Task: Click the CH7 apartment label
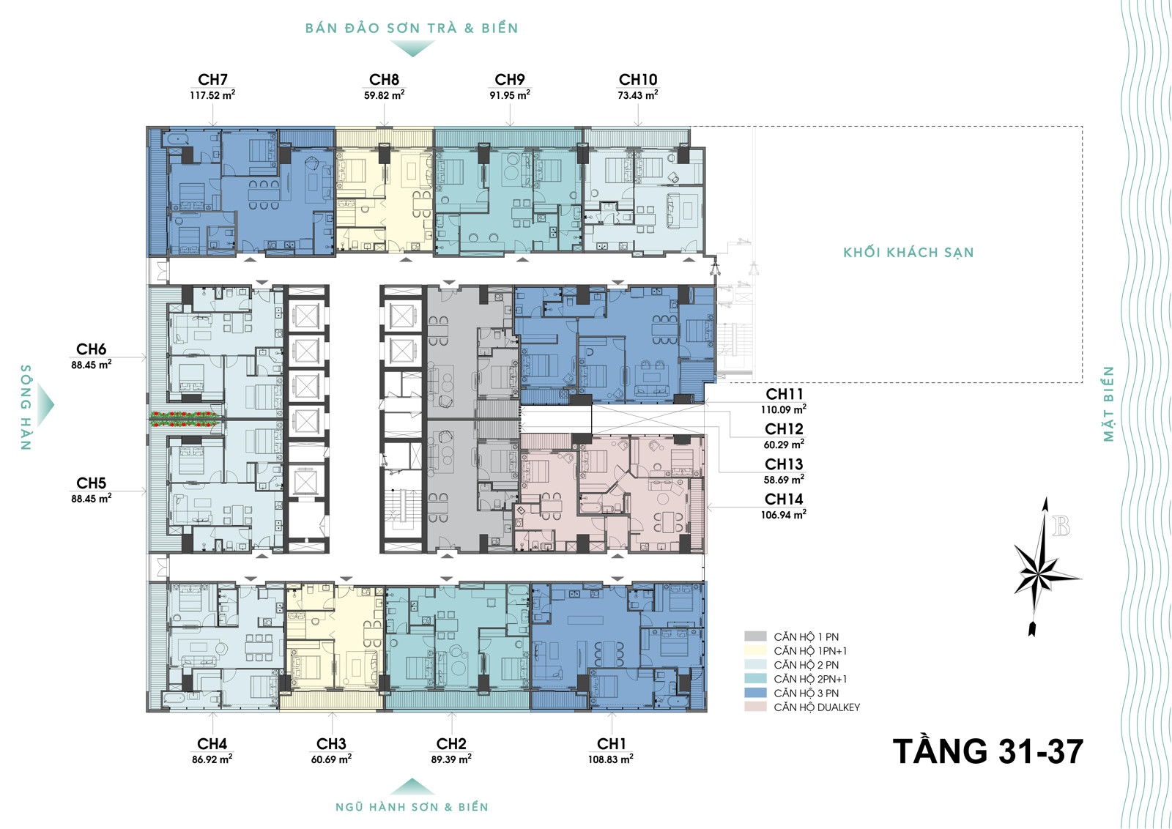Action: (212, 80)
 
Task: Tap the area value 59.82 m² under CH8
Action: (384, 95)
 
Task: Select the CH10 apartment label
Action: (638, 80)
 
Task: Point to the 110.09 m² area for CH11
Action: (783, 409)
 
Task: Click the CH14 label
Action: (784, 499)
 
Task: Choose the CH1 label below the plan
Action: (611, 744)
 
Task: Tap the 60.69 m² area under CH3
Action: (331, 759)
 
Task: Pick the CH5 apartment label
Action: (91, 483)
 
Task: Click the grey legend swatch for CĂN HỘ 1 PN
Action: (755, 636)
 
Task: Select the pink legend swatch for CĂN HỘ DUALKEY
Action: (755, 707)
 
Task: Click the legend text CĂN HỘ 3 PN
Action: (806, 694)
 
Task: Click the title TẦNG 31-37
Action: (988, 751)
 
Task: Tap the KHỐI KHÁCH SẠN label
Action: (908, 253)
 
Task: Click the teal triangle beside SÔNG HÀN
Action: (45, 404)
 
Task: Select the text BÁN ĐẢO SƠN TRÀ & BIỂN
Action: (412, 29)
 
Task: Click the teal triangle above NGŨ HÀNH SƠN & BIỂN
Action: (412, 787)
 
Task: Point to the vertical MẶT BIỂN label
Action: (1109, 404)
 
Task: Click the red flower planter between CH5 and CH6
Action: (183, 419)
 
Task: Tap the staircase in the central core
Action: (402, 505)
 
